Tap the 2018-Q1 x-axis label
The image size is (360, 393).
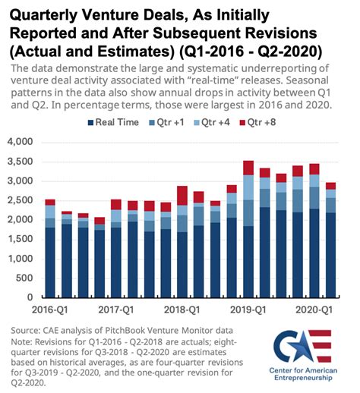[182, 310]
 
